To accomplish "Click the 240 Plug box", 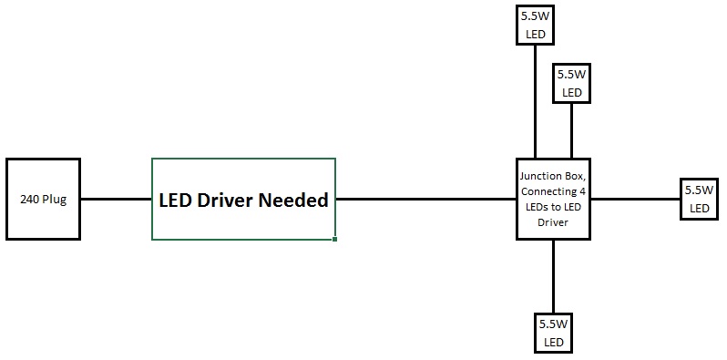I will [x=43, y=200].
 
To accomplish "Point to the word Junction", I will [x=541, y=176].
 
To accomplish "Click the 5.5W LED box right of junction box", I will [x=699, y=199].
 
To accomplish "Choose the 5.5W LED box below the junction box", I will [x=552, y=333].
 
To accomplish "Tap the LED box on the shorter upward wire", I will [x=572, y=82].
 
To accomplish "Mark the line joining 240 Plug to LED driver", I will [x=116, y=199].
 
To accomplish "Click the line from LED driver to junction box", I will [x=425, y=199].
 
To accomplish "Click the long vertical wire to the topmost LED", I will [x=535, y=100].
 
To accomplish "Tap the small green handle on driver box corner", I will [x=335, y=240].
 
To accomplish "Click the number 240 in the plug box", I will [x=31, y=200].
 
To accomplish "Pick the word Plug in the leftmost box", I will [x=54, y=200].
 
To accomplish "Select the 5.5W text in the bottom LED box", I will [x=552, y=324].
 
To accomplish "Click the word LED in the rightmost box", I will [x=699, y=209].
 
